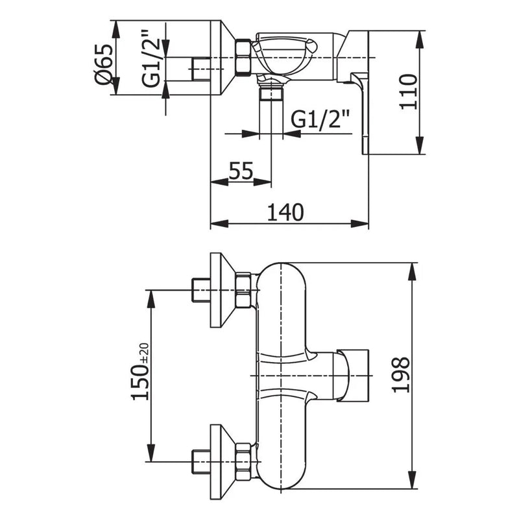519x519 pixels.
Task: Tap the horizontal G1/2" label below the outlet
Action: pos(320,119)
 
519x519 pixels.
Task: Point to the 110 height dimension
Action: pos(407,92)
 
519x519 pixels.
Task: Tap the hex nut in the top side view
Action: pos(242,58)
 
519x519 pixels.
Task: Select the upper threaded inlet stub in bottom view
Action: pos(202,291)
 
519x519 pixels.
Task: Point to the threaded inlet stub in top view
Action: pos(202,67)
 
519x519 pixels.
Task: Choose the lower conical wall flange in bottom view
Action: pos(221,461)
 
